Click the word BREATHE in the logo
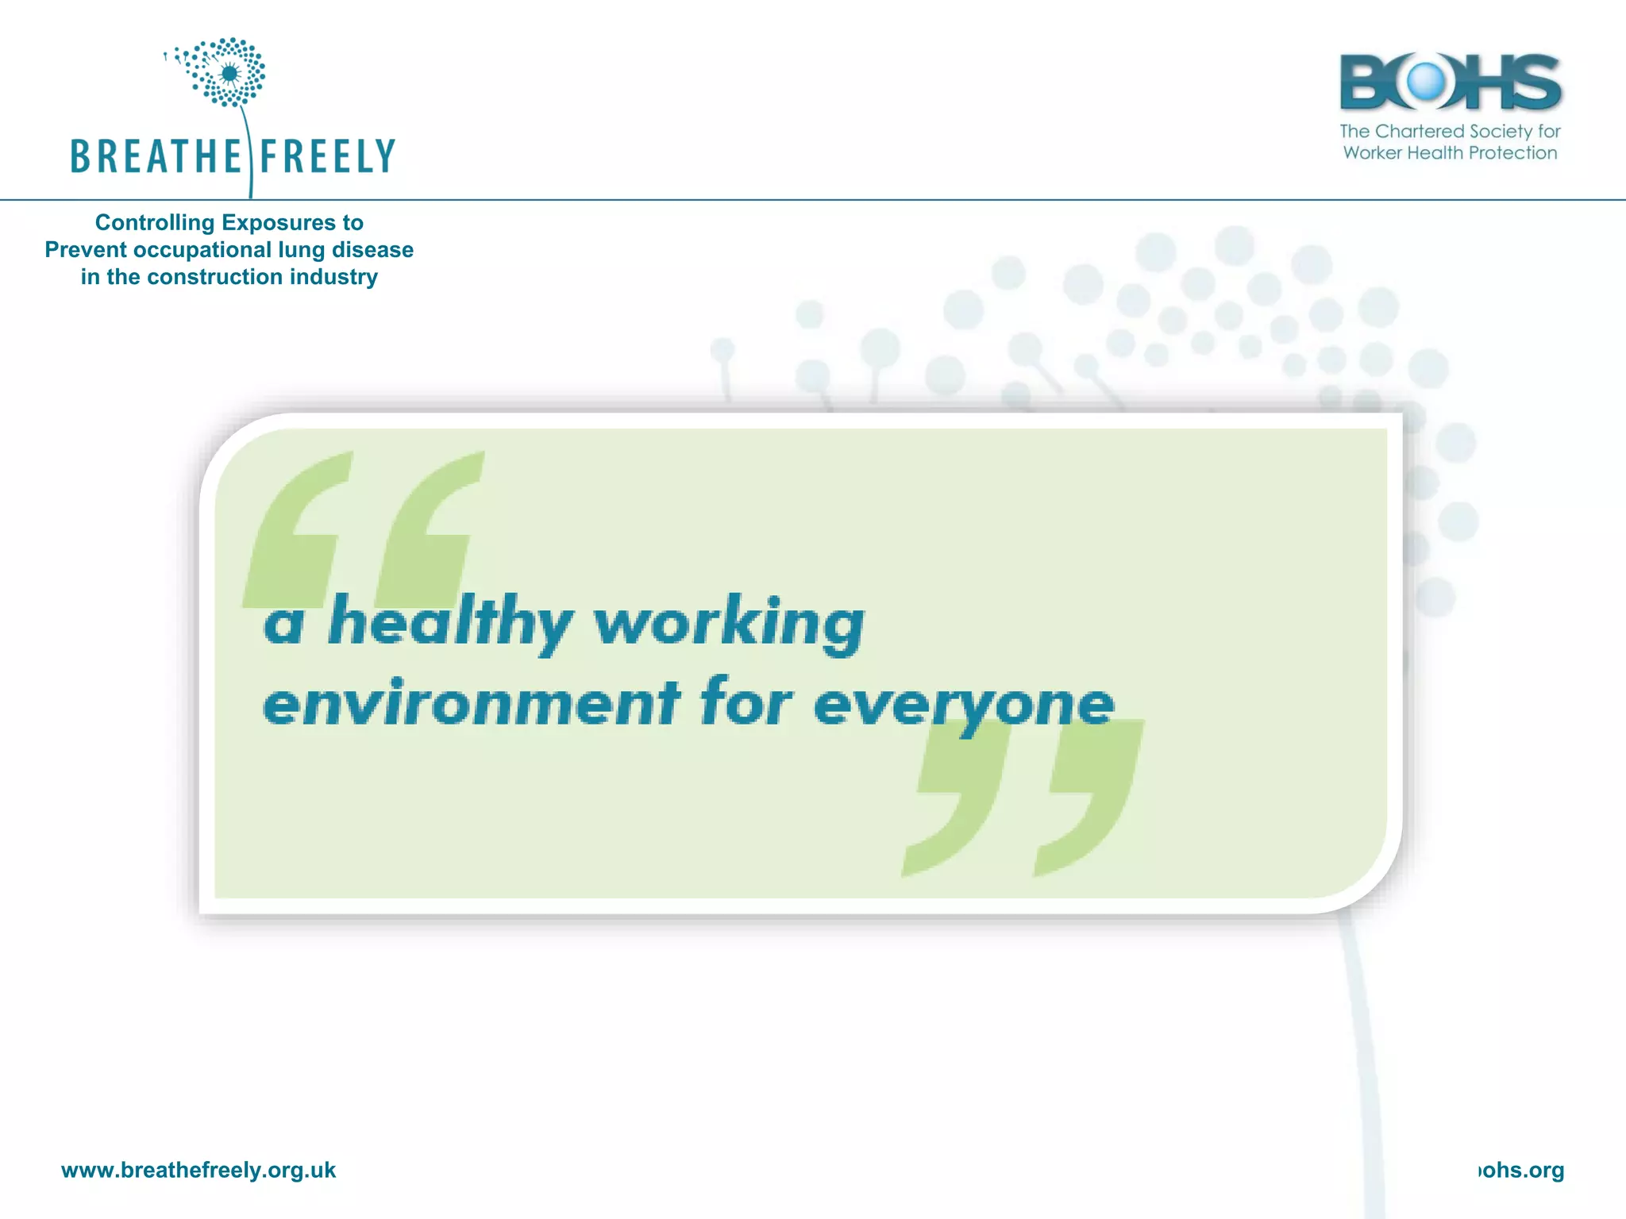[x=155, y=156]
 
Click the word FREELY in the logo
[x=327, y=156]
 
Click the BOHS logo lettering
[x=1450, y=82]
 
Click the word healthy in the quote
[x=450, y=623]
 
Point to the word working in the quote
[x=729, y=623]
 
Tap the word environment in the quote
[x=471, y=702]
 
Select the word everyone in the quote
[x=964, y=704]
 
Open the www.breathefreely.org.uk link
[x=198, y=1171]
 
